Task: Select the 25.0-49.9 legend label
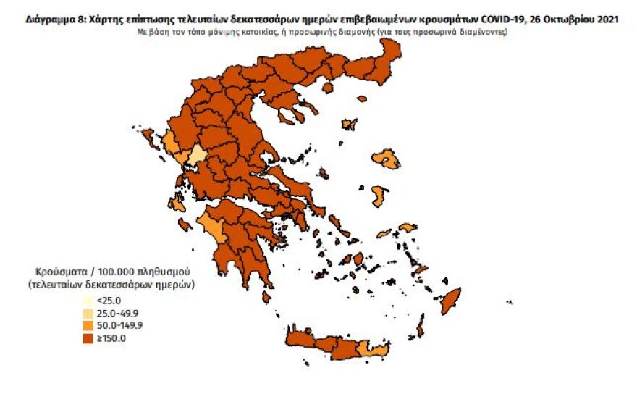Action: click(114, 313)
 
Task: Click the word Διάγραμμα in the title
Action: click(46, 20)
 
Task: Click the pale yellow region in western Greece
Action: click(197, 156)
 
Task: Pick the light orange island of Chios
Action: click(378, 196)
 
